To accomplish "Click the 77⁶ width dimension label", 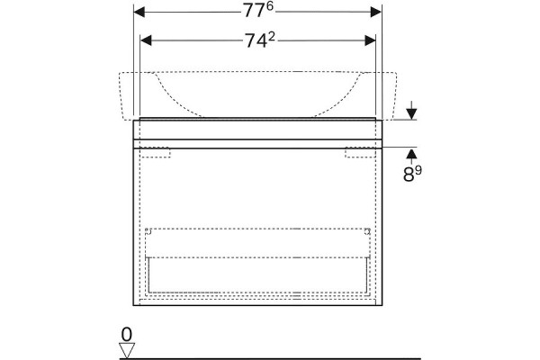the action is pos(258,10).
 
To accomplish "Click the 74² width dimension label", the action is pos(260,40).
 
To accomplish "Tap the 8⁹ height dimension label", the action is pos(412,174).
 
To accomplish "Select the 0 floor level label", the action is pos(127,335).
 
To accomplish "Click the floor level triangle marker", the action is pos(127,350).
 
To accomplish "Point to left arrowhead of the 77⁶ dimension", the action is pos(139,12).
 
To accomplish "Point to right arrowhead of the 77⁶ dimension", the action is pos(375,12).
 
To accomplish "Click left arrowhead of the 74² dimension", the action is pos(146,40).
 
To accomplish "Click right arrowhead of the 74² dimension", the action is pos(370,40).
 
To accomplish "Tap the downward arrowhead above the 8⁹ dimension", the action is pos(411,114).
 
